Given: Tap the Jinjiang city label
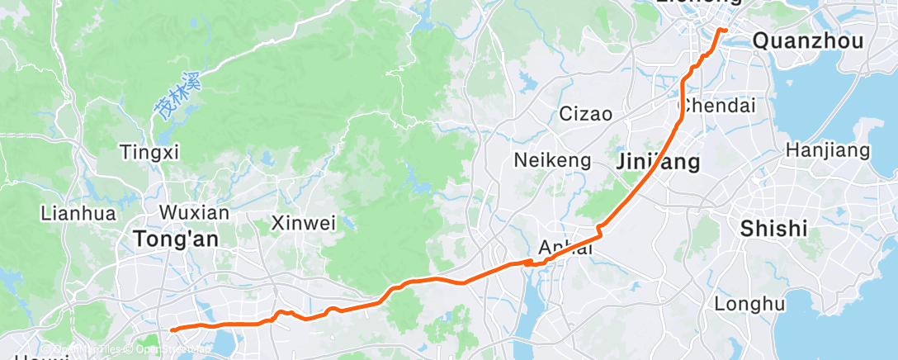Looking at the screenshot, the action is coord(658,162).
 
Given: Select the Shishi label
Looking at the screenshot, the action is coord(773,229).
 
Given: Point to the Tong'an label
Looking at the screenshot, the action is coord(169,239).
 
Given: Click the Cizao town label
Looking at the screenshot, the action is coord(585,114).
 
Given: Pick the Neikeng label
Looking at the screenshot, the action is coord(552,160).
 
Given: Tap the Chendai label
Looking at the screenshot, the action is coord(716,107).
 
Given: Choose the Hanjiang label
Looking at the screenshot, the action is coord(828,150).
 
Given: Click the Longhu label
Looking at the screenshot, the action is coord(749,304).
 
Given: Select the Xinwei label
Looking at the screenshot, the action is coord(304,223).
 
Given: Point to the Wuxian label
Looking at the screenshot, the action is coord(194,212).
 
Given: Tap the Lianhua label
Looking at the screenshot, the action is coord(77,212).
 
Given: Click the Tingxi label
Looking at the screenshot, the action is coord(149,152).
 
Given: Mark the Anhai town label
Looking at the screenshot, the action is coord(565,247).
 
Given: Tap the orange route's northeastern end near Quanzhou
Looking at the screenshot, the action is coord(725,31).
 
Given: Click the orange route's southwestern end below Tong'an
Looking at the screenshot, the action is coord(173,330).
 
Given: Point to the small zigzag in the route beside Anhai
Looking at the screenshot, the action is coord(528,263).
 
